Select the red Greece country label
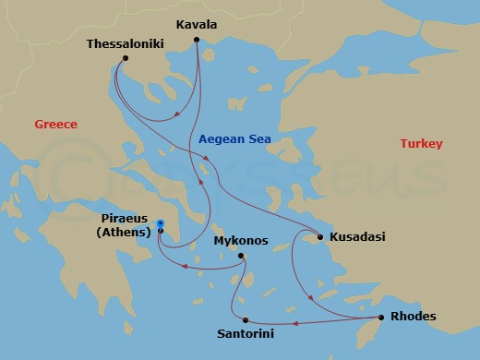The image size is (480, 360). tap(55, 125)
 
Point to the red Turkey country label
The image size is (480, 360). tap(422, 144)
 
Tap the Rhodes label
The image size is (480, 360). tap(414, 317)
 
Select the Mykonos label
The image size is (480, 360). tap(241, 241)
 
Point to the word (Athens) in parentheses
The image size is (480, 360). tap(124, 233)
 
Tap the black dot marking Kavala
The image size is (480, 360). tap(199, 40)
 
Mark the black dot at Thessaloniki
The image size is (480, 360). tap(125, 59)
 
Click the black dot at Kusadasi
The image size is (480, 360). tap(320, 237)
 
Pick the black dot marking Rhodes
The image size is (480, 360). tap(377, 318)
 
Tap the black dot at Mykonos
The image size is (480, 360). tap(240, 256)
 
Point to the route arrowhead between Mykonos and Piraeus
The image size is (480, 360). tap(186, 268)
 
